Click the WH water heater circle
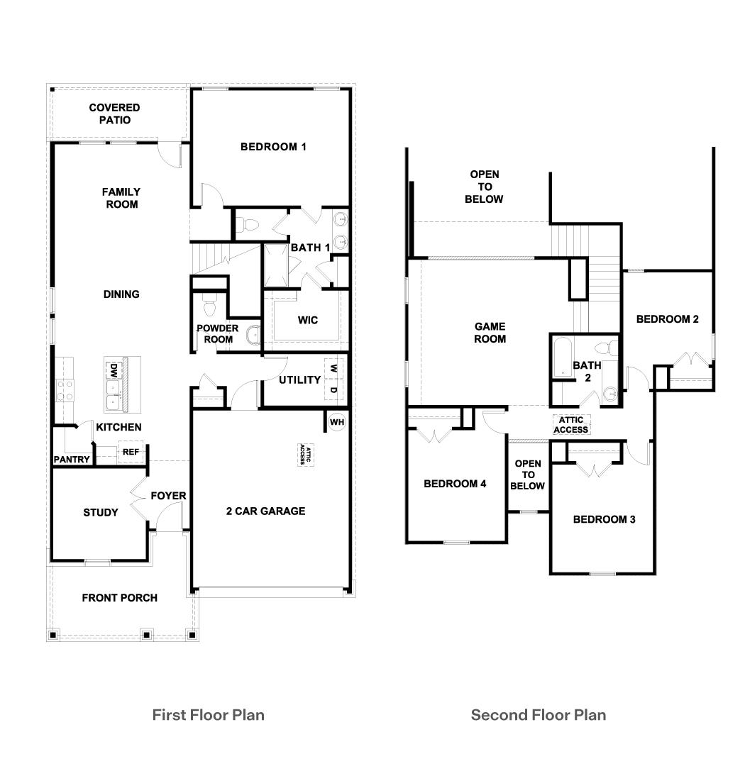click(336, 422)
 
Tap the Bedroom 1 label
click(273, 147)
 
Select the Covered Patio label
click(114, 113)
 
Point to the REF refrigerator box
click(131, 452)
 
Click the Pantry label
click(72, 460)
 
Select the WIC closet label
click(307, 320)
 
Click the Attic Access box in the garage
click(303, 455)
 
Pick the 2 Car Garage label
click(265, 511)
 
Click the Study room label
click(101, 512)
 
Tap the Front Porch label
click(119, 597)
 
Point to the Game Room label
click(490, 333)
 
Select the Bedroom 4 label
click(455, 484)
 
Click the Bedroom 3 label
click(604, 519)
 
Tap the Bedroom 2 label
click(667, 319)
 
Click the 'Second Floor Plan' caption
click(539, 714)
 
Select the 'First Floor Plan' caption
click(208, 714)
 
